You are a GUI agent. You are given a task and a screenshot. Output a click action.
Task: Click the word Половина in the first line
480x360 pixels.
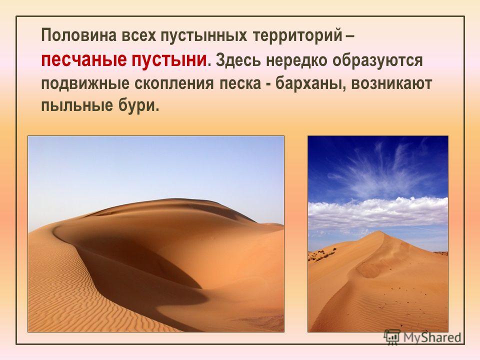79,35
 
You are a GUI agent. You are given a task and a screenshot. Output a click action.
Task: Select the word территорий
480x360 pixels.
297,36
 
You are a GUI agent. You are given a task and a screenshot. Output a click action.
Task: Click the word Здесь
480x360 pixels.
238,60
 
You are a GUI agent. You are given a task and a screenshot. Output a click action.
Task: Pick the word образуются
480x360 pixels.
378,60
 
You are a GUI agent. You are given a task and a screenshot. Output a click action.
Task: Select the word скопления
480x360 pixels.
173,84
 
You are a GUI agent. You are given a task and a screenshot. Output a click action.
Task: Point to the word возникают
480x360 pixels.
391,83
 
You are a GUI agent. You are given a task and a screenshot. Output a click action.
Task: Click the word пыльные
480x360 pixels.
77,106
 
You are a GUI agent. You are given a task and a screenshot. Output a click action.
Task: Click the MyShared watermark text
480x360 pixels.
432,337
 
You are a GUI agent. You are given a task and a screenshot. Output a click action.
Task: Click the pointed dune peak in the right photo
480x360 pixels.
379,231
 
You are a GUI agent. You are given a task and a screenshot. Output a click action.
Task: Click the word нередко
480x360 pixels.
297,60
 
